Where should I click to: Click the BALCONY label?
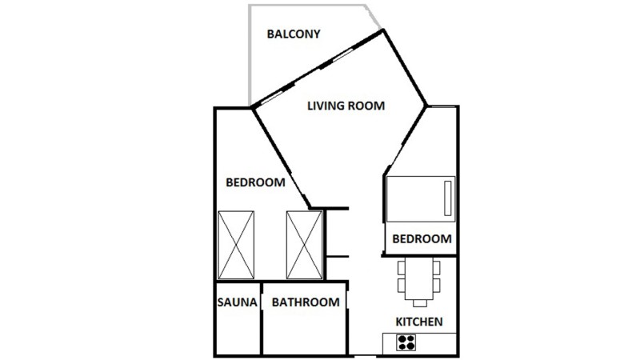click(294, 34)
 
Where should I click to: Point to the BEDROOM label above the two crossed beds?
click(255, 182)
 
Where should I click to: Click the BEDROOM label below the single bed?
click(422, 238)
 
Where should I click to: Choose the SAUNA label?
click(237, 302)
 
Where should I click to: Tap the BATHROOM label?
click(306, 302)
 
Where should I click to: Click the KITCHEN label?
click(419, 322)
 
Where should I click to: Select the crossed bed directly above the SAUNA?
click(236, 245)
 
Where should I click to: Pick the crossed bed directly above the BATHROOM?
click(305, 245)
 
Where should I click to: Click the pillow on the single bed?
click(448, 198)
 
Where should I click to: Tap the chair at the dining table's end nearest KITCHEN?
click(419, 303)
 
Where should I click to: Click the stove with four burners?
click(406, 342)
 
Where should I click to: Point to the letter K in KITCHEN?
click(399, 322)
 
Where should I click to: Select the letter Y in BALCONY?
click(316, 34)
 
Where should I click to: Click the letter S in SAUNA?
click(221, 302)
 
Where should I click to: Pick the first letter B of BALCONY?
click(270, 34)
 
